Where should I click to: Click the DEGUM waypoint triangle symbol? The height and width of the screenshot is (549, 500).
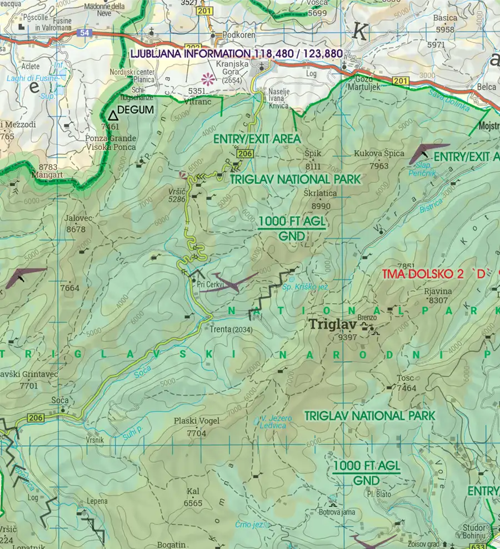113,116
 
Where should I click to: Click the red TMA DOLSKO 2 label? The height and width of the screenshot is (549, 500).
438,273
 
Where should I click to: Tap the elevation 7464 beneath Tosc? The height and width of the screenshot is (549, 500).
407,388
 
